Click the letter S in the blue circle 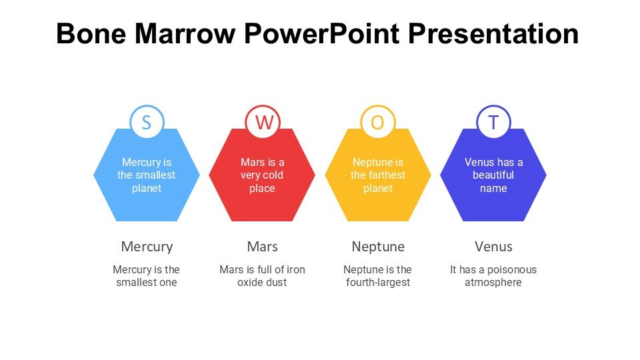147,123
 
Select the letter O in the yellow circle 378,123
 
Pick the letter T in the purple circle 493,123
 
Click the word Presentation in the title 493,33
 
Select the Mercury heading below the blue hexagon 147,247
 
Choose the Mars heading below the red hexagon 263,247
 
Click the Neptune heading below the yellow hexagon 378,247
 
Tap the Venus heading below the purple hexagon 493,247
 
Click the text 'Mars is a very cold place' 263,175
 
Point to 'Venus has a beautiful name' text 493,175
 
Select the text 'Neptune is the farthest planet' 378,175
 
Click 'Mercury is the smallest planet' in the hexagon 147,175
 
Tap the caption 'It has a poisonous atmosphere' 493,276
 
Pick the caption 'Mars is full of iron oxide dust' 263,276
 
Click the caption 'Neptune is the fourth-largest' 378,276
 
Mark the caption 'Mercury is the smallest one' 147,276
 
